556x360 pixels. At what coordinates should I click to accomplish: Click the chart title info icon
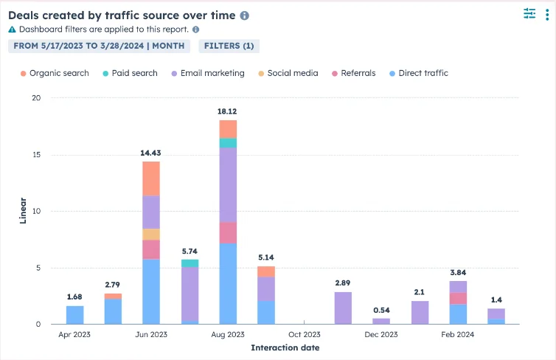[245, 15]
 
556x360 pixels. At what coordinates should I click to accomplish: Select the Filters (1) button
[229, 46]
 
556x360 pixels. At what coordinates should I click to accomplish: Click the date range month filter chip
[99, 46]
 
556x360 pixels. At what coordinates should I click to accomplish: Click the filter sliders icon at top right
[529, 13]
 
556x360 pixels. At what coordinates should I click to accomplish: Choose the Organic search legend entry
[55, 73]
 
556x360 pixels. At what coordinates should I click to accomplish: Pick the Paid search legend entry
[130, 73]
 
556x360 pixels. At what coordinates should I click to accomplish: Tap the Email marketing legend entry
[207, 73]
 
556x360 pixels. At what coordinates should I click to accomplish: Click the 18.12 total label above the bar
[228, 111]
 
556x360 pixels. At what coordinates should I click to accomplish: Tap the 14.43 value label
[151, 153]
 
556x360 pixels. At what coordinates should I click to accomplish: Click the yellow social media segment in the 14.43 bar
[151, 235]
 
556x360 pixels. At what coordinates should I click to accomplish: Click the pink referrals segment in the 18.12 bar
[228, 232]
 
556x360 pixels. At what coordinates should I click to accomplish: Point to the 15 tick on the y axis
[36, 155]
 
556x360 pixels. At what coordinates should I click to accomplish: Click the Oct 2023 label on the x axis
[305, 334]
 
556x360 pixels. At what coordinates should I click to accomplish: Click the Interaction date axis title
[285, 347]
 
